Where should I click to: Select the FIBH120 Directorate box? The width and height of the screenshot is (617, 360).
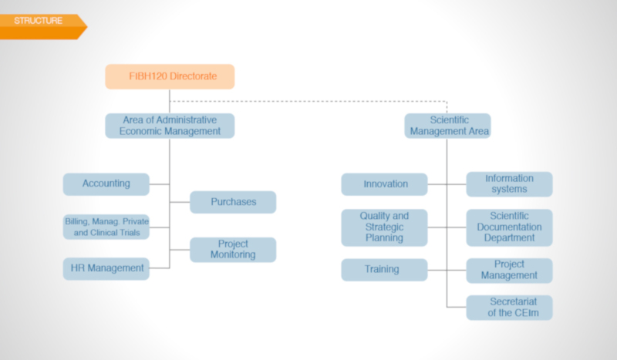click(170, 76)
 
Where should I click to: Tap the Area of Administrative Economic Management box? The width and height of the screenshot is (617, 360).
click(170, 126)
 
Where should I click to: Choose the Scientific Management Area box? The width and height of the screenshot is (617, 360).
click(447, 126)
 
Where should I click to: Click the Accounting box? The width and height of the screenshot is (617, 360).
click(106, 184)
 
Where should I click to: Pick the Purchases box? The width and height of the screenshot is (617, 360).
click(233, 202)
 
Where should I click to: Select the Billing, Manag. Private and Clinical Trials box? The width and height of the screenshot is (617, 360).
click(106, 227)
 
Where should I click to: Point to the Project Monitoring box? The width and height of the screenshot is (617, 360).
click(233, 250)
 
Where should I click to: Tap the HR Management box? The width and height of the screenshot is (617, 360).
click(106, 269)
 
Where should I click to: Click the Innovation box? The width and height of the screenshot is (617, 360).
click(384, 184)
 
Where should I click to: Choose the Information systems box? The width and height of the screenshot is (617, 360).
click(509, 184)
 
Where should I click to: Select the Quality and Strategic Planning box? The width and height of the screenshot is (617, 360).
click(384, 227)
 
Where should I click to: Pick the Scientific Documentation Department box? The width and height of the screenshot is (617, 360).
click(509, 227)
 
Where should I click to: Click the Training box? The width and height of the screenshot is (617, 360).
click(384, 270)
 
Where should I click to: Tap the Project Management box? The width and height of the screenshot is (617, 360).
click(509, 271)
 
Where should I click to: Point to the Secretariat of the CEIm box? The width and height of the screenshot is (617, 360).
click(509, 308)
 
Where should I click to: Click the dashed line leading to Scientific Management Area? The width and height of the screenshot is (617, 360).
click(308, 101)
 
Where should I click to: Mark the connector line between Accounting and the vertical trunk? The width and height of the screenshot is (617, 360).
click(160, 184)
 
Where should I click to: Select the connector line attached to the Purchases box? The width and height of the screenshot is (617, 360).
click(180, 202)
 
